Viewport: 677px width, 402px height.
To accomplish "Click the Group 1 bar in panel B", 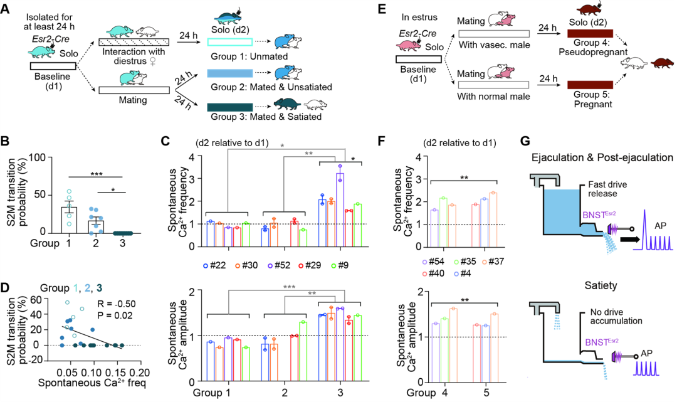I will pyautogui.click(x=73, y=216).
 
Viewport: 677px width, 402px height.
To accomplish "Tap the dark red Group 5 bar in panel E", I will pyautogui.click(x=589, y=85).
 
